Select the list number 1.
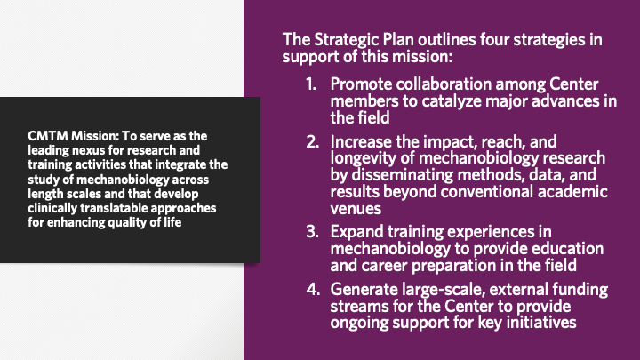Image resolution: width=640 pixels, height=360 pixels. pyautogui.click(x=311, y=84)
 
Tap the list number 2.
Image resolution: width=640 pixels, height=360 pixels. pyautogui.click(x=312, y=142)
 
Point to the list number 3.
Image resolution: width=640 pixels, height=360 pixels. pyautogui.click(x=312, y=232)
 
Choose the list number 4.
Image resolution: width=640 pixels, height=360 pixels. pyautogui.click(x=313, y=290)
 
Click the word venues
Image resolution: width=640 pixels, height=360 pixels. pyautogui.click(x=356, y=209)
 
